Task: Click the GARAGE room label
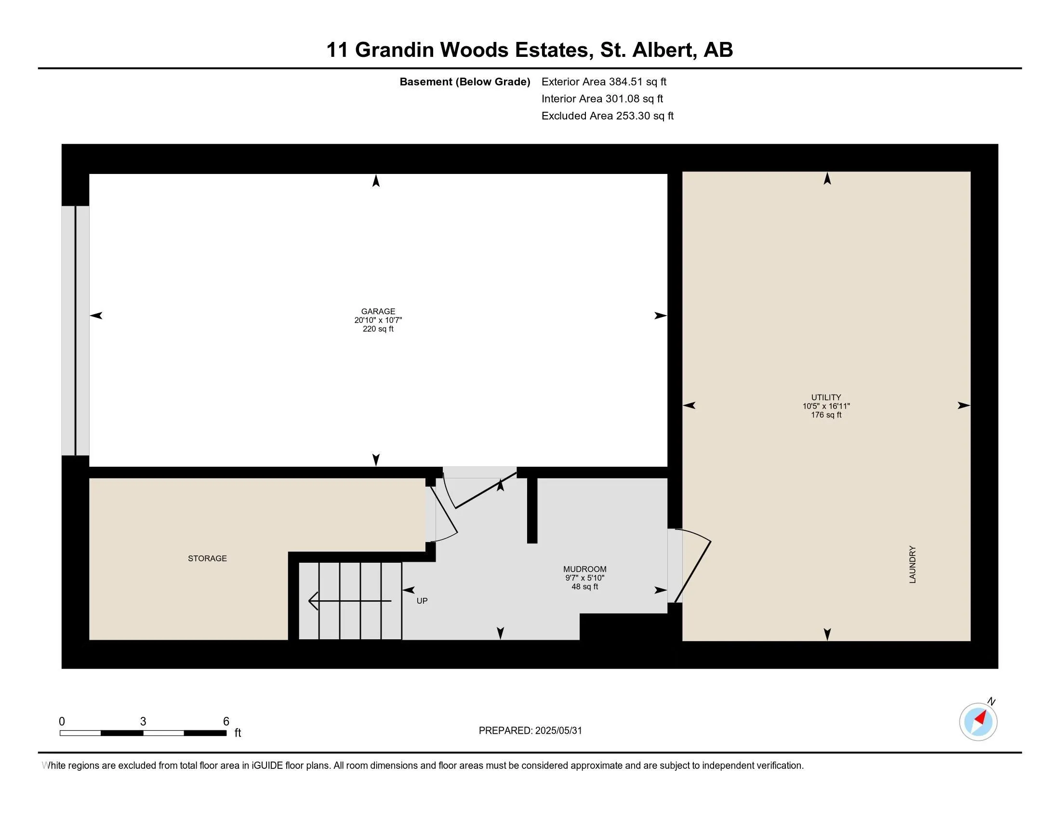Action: (x=378, y=312)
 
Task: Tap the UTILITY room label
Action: (x=826, y=397)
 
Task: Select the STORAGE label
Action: (x=207, y=558)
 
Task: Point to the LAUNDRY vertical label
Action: (x=913, y=564)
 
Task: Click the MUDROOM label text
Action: (x=584, y=569)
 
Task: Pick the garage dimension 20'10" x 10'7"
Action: (x=378, y=320)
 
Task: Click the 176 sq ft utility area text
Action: (x=826, y=415)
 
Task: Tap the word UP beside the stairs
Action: (x=422, y=601)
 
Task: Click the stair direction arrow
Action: (x=349, y=601)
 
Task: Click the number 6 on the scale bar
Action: (x=225, y=722)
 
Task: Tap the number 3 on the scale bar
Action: (x=143, y=722)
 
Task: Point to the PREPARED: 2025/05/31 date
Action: (x=530, y=731)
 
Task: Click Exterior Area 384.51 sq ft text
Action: (x=604, y=81)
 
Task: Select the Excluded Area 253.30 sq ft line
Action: (x=607, y=116)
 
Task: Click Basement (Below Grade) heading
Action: (x=464, y=81)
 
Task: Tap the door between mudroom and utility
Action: (x=691, y=565)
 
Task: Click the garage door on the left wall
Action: (x=75, y=330)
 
